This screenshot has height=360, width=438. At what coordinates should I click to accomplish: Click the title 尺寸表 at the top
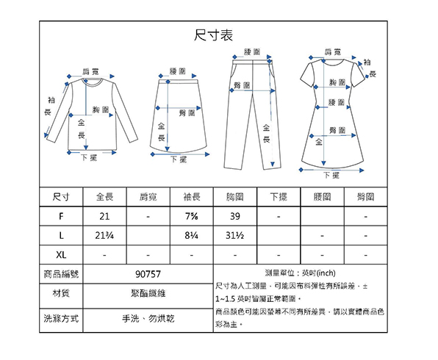click(x=213, y=35)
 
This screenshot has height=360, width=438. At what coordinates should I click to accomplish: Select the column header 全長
click(x=104, y=197)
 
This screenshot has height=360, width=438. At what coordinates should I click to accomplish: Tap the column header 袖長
click(x=192, y=197)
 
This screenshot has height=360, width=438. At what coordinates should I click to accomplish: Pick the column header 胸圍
click(x=235, y=197)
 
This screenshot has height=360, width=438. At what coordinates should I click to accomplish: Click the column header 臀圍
click(x=366, y=197)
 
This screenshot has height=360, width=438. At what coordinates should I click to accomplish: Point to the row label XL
click(x=61, y=255)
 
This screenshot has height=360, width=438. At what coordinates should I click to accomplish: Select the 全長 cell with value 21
click(x=104, y=216)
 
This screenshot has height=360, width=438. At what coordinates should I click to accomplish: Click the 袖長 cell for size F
click(x=192, y=216)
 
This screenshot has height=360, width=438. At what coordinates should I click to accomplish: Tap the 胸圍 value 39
click(x=235, y=216)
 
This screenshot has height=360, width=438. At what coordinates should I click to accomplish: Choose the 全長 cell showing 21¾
click(x=104, y=236)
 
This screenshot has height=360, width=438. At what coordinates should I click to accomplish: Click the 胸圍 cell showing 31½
click(x=235, y=236)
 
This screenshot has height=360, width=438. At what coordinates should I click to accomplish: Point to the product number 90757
click(x=148, y=274)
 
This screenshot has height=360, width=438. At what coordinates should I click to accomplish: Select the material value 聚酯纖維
click(x=148, y=293)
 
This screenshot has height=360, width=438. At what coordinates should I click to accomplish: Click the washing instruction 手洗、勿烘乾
click(x=148, y=318)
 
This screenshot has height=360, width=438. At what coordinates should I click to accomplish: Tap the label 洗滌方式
click(x=61, y=318)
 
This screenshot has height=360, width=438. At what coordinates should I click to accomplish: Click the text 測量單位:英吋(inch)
click(x=301, y=273)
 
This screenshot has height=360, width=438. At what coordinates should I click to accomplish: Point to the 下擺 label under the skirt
click(x=179, y=159)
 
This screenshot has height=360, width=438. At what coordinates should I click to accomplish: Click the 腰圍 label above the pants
click(x=252, y=51)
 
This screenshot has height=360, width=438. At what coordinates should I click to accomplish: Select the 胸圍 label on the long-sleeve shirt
click(x=101, y=109)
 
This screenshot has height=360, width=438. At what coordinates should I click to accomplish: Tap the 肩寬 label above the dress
click(x=333, y=51)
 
